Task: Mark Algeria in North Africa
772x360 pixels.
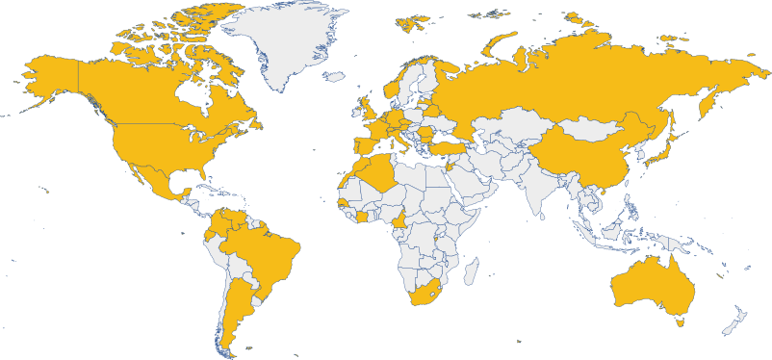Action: pyautogui.click(x=380, y=177)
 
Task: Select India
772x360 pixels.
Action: pyautogui.click(x=545, y=193)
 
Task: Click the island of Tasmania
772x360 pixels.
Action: pyautogui.click(x=680, y=321)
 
